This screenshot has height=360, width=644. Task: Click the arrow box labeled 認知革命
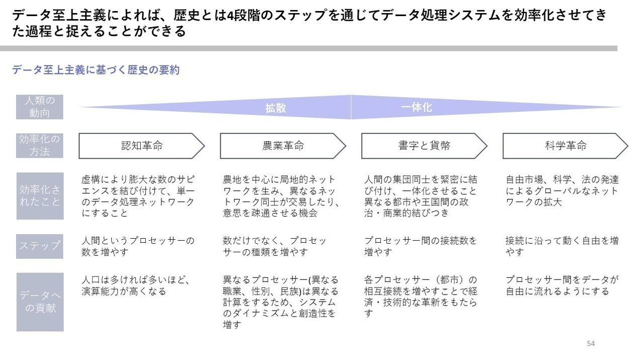point(142,146)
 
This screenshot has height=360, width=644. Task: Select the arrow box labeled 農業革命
point(283,146)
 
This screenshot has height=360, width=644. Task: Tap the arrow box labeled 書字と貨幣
point(424,146)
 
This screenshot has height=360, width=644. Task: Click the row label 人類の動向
point(39,107)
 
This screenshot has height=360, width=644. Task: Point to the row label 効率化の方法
point(39,146)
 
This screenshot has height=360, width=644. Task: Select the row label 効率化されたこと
point(40,196)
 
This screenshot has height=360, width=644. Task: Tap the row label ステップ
point(39,246)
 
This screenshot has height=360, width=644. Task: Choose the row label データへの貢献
point(40,302)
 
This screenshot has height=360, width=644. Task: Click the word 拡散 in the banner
point(275,108)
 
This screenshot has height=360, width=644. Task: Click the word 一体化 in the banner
point(416,107)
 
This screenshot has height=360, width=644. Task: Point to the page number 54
point(591,343)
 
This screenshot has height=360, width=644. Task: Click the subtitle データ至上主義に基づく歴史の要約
point(96,70)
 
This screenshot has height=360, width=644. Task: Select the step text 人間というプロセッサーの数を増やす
point(138,246)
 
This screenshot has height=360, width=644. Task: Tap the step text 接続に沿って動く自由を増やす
point(562,246)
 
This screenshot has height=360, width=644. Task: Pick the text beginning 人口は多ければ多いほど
point(136,285)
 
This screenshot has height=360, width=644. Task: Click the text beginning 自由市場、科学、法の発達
point(562,191)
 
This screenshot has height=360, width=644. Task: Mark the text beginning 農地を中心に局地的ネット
point(281,196)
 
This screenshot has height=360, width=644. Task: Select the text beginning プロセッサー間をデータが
point(562,285)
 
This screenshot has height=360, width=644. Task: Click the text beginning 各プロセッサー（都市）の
point(421,297)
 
